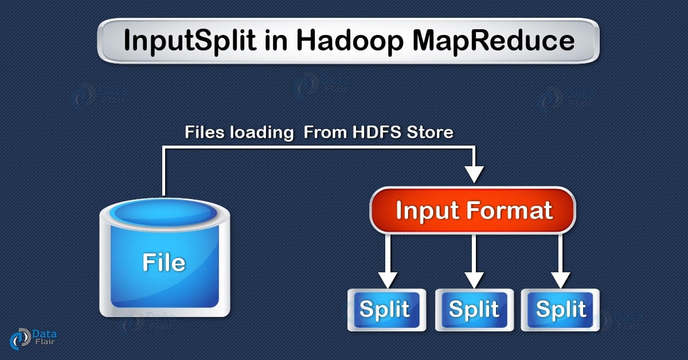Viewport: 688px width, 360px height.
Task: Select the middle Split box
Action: pyautogui.click(x=474, y=310)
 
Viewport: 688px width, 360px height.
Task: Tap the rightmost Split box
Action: pyautogui.click(x=561, y=310)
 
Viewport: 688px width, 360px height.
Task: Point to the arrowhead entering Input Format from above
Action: pyautogui.click(x=474, y=173)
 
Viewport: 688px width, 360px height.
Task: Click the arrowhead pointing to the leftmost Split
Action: pyautogui.click(x=388, y=279)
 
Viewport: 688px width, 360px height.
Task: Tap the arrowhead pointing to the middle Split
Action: pyautogui.click(x=474, y=279)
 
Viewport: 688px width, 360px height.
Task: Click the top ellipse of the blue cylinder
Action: pyautogui.click(x=164, y=213)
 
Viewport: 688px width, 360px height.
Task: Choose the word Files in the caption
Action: pyautogui.click(x=204, y=132)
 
